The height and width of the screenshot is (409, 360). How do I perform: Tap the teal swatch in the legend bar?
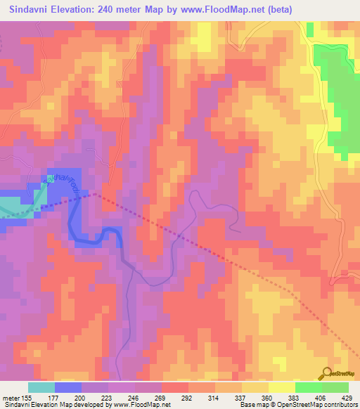[x=41, y=387]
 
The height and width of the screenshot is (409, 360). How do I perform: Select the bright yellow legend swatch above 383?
[x=281, y=387]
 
